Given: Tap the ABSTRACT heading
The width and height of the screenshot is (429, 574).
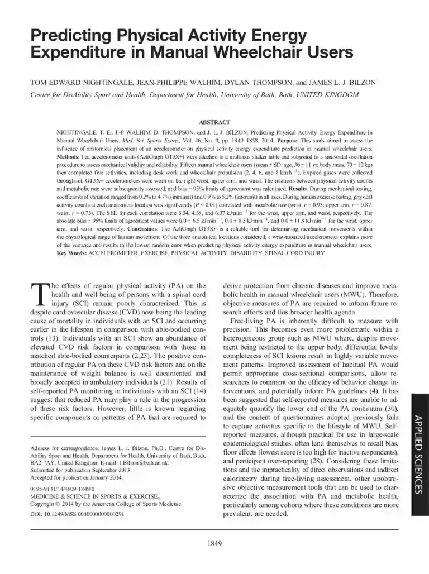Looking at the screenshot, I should point(214,121).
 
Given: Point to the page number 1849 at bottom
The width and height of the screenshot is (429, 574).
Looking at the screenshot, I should point(214,543).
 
